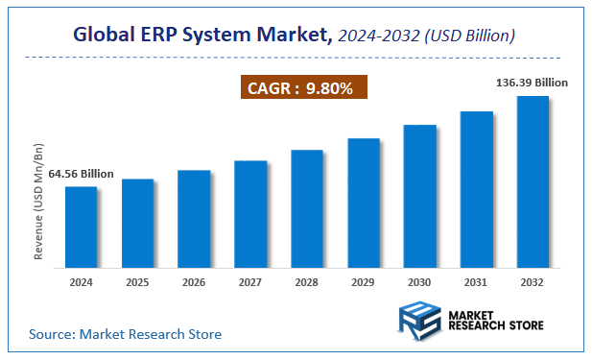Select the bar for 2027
250,213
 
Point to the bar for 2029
364,203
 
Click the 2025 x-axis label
137,282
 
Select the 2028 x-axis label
307,282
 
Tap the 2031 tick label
477,282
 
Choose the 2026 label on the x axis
194,282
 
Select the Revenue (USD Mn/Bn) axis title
39,202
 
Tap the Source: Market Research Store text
125,334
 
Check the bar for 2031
477,189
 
